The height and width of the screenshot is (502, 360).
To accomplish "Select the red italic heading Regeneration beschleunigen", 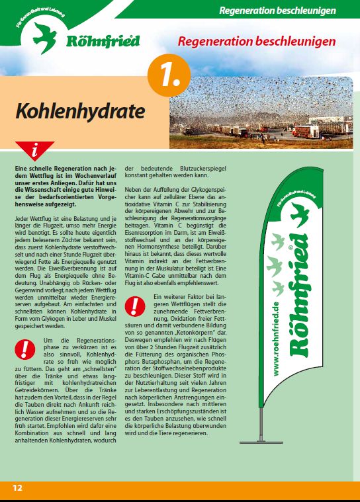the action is point(256,41).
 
